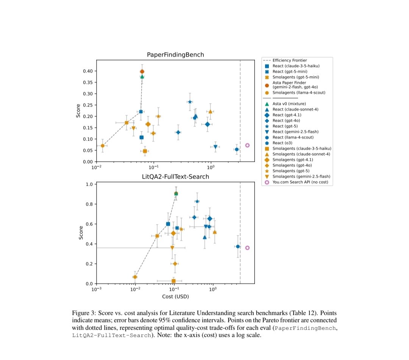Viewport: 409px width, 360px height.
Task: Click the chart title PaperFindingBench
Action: click(175, 55)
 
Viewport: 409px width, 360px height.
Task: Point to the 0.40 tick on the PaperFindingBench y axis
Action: click(87, 71)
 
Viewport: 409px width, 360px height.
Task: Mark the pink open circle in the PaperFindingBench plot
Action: click(247, 145)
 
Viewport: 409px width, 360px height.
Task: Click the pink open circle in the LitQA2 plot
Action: click(247, 248)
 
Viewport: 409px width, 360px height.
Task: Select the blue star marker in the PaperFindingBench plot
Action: click(190, 102)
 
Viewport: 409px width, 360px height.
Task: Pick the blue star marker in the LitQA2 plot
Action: click(197, 201)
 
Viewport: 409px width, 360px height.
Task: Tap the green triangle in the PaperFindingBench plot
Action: click(142, 77)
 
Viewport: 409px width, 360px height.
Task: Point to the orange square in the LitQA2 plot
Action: click(173, 281)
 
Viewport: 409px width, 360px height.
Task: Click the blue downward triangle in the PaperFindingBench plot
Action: click(215, 147)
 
